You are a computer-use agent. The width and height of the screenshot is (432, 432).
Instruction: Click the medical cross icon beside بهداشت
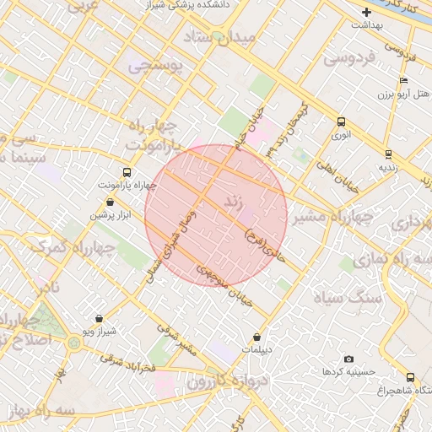tap(366, 12)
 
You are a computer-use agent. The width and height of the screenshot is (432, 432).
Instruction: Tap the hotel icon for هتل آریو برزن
tap(403, 80)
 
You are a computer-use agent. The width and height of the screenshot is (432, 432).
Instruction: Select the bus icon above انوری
tap(340, 121)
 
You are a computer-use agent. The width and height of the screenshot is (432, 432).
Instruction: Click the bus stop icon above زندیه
tap(388, 154)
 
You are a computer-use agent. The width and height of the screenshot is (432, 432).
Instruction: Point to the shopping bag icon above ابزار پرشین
tap(111, 202)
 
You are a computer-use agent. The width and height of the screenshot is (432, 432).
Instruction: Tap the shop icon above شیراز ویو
tap(100, 319)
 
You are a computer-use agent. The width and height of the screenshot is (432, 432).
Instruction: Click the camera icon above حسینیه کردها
tap(349, 359)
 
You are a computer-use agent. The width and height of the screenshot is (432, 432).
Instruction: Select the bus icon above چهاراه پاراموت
tap(127, 172)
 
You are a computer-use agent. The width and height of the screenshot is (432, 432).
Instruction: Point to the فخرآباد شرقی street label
tap(128, 363)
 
